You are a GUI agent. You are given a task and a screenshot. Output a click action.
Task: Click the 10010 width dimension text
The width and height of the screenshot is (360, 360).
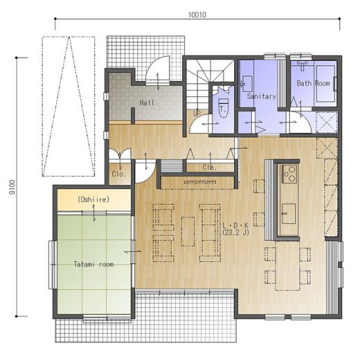[x=197, y=15]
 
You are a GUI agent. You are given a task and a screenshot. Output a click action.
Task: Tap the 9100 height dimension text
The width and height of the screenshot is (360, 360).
[x=12, y=187]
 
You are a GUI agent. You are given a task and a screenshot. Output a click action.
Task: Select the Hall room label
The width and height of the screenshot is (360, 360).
[x=147, y=102]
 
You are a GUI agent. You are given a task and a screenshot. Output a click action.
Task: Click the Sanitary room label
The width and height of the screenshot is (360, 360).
[x=262, y=96]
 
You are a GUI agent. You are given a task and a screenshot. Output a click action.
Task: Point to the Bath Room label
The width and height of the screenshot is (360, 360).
[x=313, y=83]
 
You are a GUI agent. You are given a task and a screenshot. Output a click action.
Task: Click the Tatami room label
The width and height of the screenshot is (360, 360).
[x=94, y=264]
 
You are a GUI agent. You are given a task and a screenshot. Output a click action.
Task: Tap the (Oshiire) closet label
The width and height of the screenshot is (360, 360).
[x=93, y=199]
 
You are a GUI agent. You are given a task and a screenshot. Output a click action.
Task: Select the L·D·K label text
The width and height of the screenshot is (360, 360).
[x=235, y=225]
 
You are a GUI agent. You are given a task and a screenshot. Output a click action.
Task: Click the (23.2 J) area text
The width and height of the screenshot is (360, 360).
[x=236, y=233]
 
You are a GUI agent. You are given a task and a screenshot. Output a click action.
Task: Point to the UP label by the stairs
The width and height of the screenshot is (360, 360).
[x=197, y=114]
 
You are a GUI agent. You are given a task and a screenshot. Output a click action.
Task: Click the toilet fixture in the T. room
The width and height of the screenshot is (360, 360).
[x=223, y=108]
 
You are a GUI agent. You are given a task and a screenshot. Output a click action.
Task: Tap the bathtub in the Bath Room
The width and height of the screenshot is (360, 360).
[x=325, y=84]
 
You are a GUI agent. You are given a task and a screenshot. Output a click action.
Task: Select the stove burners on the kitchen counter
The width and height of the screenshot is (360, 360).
[x=289, y=174]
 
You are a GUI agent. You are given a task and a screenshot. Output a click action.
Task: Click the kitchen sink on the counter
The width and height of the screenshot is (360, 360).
[x=289, y=214]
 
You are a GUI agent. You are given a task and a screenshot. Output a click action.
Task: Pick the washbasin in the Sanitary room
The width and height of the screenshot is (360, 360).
[x=247, y=84]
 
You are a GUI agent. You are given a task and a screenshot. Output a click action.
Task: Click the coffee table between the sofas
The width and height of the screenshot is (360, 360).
[x=188, y=231]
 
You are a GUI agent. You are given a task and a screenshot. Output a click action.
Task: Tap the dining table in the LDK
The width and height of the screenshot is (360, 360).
[x=287, y=266]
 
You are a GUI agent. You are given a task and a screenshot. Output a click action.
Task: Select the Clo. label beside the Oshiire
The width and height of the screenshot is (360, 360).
[x=119, y=174]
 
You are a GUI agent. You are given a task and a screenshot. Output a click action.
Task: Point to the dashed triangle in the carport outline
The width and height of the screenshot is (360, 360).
[x=69, y=106]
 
